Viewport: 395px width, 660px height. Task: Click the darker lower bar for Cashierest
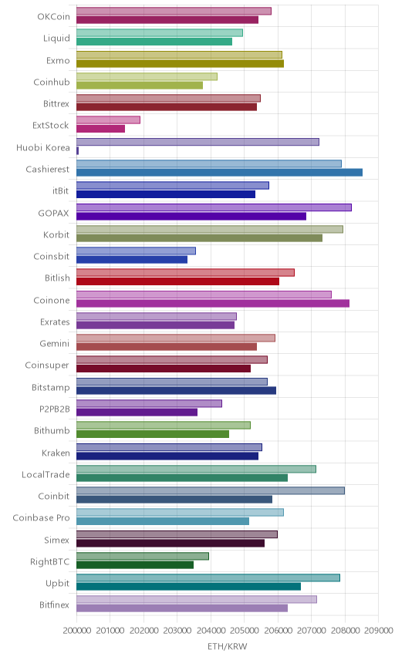[x=219, y=172]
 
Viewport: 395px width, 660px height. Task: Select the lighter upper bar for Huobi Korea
[x=198, y=142]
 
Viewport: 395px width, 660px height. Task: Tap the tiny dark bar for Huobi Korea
[x=77, y=150]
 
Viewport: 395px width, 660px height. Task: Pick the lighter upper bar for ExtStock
[x=108, y=120]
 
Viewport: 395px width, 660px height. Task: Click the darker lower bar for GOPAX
[x=191, y=216]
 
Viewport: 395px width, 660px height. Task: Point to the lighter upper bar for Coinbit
[x=211, y=490]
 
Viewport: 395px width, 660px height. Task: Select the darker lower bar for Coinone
[x=213, y=303]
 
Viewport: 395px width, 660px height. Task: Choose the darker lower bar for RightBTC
[x=135, y=565]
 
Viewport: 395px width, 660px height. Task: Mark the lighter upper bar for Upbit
[x=208, y=577]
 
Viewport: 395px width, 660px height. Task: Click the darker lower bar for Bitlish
[x=177, y=281]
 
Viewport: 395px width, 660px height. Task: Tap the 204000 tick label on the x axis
[x=211, y=630]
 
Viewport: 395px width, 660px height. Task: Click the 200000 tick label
[x=76, y=630]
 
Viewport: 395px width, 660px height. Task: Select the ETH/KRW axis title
[x=228, y=646]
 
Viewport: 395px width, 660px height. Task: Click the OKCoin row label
[x=53, y=16]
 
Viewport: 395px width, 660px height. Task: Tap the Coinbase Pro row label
[x=41, y=517]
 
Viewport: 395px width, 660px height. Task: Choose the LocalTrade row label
[x=46, y=474]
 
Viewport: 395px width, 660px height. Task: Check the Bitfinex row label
[x=54, y=604]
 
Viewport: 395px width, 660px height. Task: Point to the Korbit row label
[x=56, y=234]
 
